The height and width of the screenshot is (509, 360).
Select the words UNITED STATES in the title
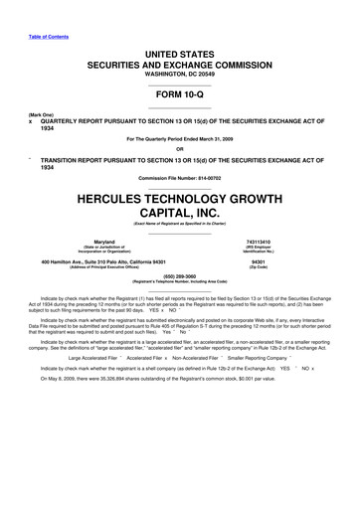tap(179, 49)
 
